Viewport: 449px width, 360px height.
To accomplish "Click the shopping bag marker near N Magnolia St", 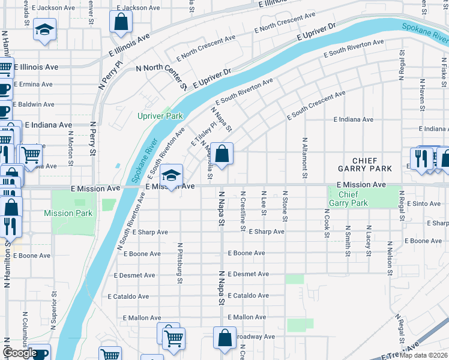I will [x=222, y=154].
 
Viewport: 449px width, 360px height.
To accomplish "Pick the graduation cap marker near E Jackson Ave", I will [x=44, y=29].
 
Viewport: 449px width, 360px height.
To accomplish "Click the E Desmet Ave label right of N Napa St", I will [x=247, y=274].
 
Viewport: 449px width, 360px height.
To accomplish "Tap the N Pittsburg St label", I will [x=179, y=263].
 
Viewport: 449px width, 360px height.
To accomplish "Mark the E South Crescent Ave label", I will [x=316, y=105].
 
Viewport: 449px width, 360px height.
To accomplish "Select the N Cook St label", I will [x=327, y=223].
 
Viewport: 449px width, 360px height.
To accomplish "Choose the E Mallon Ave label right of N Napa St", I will [x=247, y=317].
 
